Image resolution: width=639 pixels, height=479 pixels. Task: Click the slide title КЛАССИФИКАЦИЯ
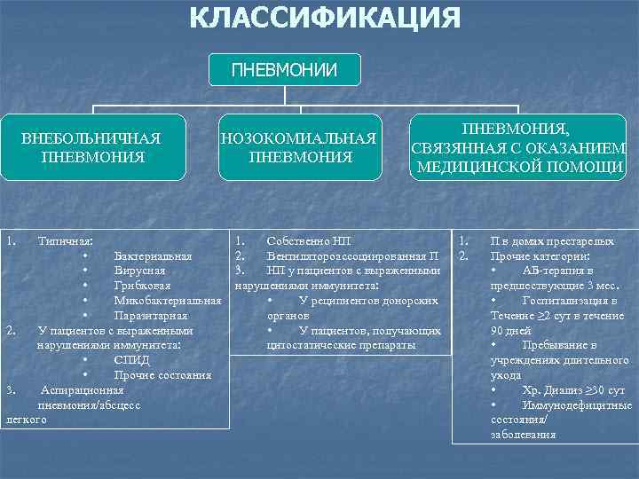click(x=326, y=19)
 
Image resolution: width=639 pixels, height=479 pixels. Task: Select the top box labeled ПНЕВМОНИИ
click(x=285, y=69)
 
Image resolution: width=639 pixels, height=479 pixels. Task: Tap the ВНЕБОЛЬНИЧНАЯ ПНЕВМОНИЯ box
click(x=91, y=147)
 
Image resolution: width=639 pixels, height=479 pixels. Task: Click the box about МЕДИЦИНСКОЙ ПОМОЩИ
click(x=520, y=147)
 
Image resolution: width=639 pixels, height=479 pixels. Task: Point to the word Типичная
click(x=67, y=240)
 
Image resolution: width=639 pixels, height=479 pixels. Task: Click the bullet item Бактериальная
click(x=153, y=256)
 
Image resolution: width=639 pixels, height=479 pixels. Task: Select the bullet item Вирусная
click(x=139, y=271)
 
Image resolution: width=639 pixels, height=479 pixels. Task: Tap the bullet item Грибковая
click(x=142, y=286)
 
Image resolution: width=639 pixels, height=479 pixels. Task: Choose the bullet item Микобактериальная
click(x=167, y=301)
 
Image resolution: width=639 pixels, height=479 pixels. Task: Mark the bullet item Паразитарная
click(x=150, y=316)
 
